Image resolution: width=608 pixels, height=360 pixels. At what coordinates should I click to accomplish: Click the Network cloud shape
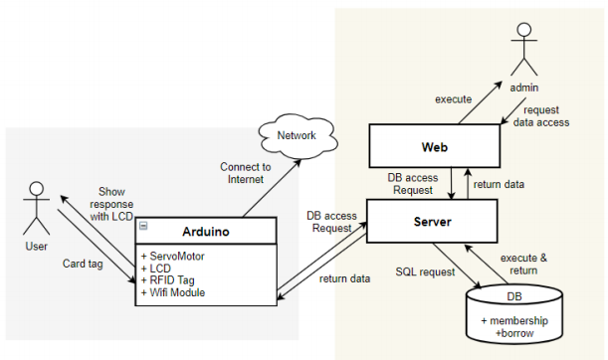pos(295,136)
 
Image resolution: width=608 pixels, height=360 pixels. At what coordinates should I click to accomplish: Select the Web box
pos(433,146)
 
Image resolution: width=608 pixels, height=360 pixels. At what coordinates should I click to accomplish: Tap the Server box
pos(433,221)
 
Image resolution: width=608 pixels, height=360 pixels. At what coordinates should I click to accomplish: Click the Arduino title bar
pos(206,231)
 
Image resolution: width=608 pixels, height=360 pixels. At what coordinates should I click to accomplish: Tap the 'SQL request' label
pos(424,271)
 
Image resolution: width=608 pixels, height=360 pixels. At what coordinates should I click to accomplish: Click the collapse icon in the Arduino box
pos(144,225)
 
